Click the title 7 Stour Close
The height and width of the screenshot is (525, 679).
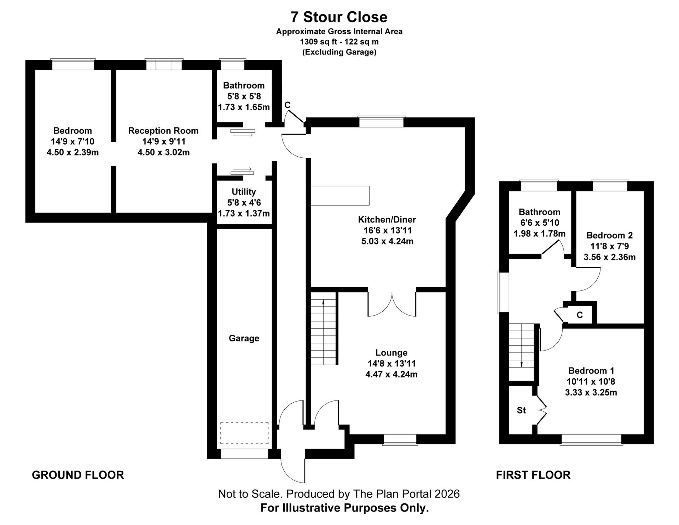[x=339, y=17]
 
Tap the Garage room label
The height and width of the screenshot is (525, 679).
[x=244, y=338]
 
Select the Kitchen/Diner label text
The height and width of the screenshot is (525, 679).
[x=387, y=219]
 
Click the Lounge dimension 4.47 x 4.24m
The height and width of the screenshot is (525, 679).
[x=391, y=374]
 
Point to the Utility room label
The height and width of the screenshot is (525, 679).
[x=244, y=192]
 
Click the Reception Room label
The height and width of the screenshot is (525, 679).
[x=163, y=131]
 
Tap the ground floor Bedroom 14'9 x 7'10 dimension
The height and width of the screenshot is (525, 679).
[x=72, y=142]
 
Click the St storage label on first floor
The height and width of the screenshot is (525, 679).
[x=521, y=410]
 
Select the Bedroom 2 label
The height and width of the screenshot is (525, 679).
[x=609, y=235]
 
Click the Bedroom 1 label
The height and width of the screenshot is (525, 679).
[x=591, y=371]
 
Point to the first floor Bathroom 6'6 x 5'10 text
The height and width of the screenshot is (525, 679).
[x=539, y=223]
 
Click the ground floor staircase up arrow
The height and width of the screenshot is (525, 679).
[x=323, y=302]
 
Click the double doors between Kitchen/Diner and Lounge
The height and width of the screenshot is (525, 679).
[x=392, y=304]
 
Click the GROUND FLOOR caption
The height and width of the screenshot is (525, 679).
[x=78, y=475]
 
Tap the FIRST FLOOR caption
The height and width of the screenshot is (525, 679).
[x=533, y=475]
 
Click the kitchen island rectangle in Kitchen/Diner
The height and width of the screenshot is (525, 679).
[x=340, y=195]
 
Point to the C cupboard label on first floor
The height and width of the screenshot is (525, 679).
[x=580, y=315]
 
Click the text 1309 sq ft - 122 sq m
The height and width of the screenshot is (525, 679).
[x=339, y=42]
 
